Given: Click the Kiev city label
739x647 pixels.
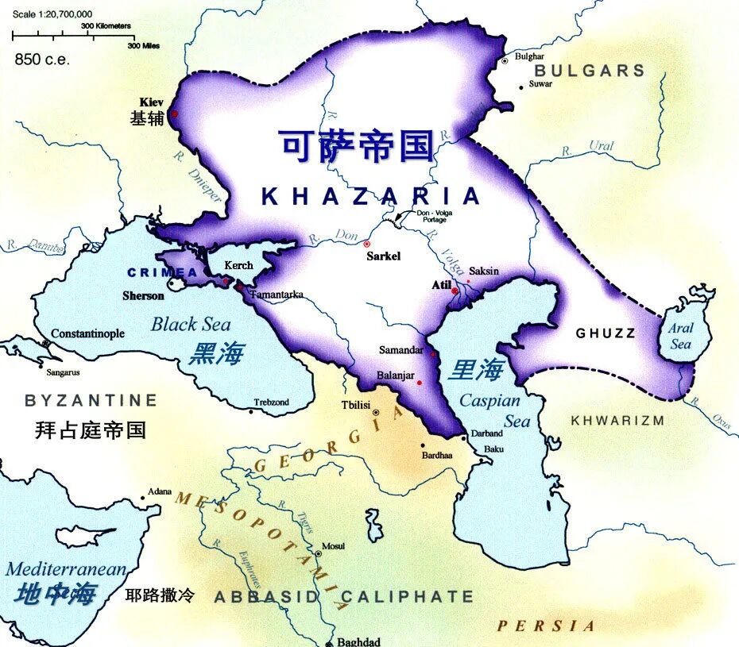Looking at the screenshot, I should click(151, 102).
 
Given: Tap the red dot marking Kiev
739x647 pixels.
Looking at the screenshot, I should click(173, 114).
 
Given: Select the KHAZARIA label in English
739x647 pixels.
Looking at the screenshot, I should click(371, 196).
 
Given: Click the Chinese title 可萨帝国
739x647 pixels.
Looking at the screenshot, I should click(357, 146).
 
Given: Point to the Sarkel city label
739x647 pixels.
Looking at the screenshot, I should click(384, 256).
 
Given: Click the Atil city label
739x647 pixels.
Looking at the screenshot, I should click(440, 285).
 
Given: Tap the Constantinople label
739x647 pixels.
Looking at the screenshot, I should click(87, 333).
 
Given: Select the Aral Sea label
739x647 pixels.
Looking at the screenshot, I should click(681, 336).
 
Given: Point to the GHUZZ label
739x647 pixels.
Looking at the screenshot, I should click(606, 333).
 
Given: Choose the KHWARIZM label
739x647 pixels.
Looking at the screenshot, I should click(617, 420).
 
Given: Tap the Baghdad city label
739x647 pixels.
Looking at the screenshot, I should click(358, 641).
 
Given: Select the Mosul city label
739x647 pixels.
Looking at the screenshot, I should click(333, 547).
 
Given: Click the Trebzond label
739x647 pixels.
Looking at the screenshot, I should click(272, 402).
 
